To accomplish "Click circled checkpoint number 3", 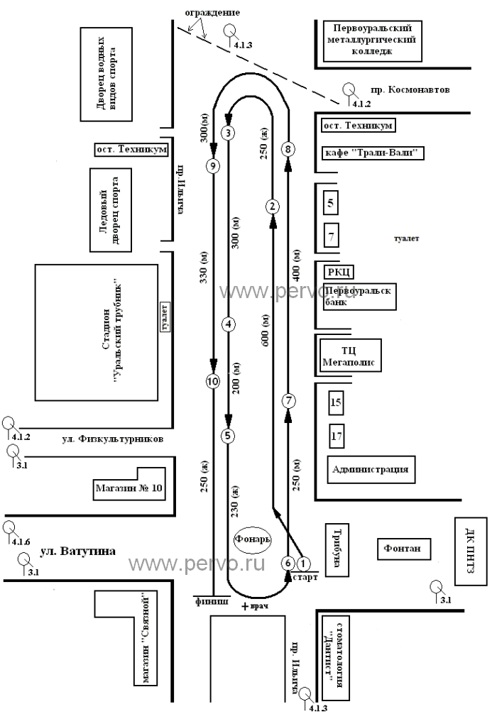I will point(228,133).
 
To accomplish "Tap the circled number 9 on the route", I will point(213,166).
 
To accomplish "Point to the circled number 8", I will point(288,149).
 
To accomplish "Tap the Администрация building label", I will point(371,469).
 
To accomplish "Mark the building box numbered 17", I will point(337,435).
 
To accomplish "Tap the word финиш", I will point(212,601).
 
